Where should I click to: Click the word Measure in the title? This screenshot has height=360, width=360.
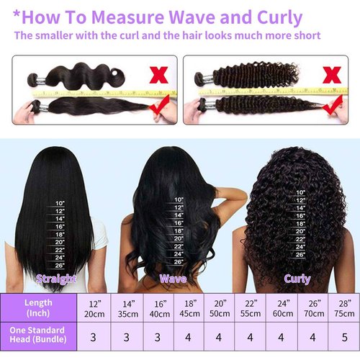127,16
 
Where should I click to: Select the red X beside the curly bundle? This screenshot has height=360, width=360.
333,73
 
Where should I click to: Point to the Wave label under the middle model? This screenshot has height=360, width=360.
173,278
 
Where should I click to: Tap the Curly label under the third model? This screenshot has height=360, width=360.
297,278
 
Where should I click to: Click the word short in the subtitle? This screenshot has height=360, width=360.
305,35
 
